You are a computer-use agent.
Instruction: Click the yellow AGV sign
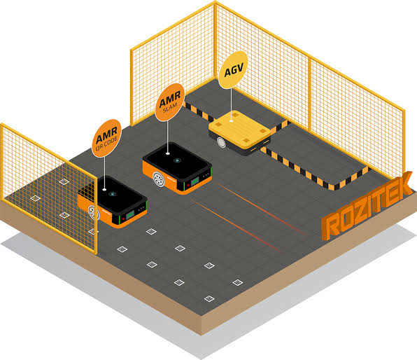coord(233,70)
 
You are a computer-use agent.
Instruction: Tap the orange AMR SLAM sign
coord(170,102)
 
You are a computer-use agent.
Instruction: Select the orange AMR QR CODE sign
coord(106,138)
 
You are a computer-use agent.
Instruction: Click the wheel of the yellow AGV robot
coord(221,142)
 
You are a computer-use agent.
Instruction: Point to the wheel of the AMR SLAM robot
coord(159,179)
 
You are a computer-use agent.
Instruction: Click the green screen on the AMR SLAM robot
coord(195,181)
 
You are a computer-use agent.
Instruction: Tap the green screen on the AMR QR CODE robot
coord(130,214)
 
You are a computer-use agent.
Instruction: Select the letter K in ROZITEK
coord(402,184)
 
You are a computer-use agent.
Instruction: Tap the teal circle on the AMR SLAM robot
coord(176,160)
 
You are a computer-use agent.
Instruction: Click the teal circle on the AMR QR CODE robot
coord(112,194)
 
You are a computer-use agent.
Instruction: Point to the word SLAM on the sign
coord(170,108)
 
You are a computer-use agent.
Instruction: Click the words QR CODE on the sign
coord(107,144)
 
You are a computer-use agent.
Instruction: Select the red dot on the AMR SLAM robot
coord(188,185)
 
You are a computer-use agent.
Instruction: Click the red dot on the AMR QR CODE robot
coord(123,219)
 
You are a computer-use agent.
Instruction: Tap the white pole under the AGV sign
coord(231,105)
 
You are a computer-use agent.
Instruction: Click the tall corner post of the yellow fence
coord(215,40)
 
